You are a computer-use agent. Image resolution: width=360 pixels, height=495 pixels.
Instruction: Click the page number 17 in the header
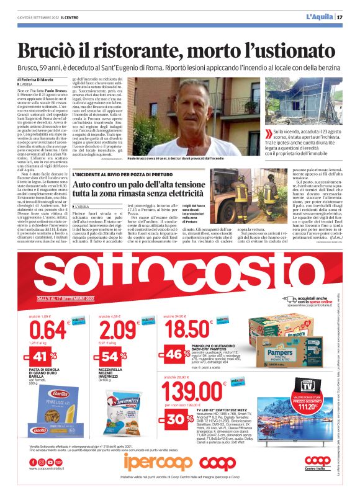tap(349, 17)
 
